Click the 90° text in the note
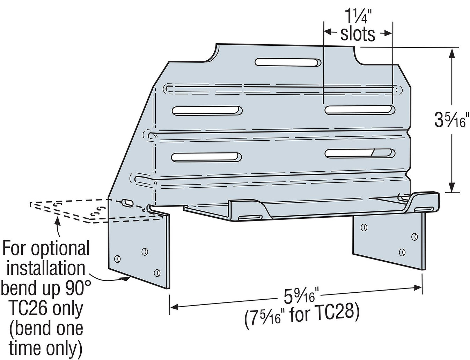point(76,288)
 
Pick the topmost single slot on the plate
point(288,63)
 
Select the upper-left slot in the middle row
point(207,111)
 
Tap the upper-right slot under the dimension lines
point(360,110)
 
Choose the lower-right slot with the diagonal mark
point(360,153)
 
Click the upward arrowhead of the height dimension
point(452,52)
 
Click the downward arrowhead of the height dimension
point(452,188)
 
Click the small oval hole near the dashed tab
point(127,202)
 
